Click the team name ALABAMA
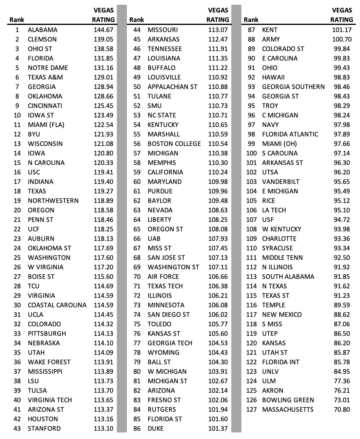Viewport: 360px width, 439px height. (x=43, y=30)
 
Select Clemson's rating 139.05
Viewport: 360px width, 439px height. (x=103, y=39)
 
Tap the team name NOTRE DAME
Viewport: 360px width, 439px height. (x=48, y=68)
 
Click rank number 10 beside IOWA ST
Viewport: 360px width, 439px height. (x=17, y=115)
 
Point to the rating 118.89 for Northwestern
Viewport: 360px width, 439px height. (x=103, y=201)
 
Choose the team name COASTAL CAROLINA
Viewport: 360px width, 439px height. (x=57, y=305)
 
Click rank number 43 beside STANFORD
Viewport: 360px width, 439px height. (x=17, y=429)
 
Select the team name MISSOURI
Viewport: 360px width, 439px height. (x=163, y=30)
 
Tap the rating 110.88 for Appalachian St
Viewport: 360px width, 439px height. (x=218, y=87)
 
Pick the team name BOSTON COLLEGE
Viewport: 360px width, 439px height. (x=174, y=144)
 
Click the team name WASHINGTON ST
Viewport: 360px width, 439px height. (x=173, y=267)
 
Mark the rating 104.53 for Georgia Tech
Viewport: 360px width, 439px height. (x=218, y=343)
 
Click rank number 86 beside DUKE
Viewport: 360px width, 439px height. (x=137, y=429)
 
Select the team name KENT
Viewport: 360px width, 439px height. (x=270, y=30)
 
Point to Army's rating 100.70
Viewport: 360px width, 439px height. (x=342, y=39)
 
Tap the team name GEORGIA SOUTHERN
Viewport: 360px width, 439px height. (x=293, y=87)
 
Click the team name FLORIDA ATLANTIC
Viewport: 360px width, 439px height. (x=290, y=134)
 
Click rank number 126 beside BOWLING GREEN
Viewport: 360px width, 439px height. (x=251, y=400)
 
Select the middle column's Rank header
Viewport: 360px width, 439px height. (x=137, y=20)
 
